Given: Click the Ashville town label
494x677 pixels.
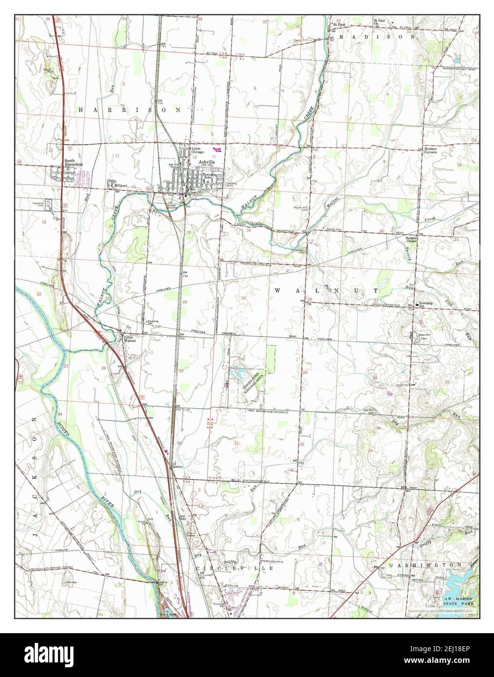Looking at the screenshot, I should [x=207, y=162].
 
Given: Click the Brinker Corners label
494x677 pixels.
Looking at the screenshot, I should [x=431, y=150].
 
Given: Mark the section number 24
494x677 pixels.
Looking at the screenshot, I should [x=184, y=302].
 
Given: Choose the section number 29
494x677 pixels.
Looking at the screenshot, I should [x=305, y=372].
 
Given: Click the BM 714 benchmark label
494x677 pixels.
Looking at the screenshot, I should [x=185, y=274].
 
